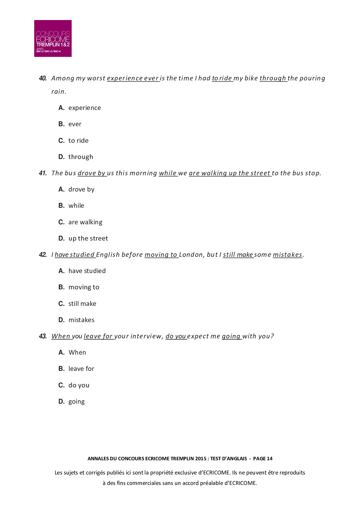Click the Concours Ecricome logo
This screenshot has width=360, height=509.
pyautogui.click(x=53, y=38)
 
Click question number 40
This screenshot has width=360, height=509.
pyautogui.click(x=43, y=78)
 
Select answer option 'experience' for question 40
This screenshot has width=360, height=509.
pyautogui.click(x=84, y=108)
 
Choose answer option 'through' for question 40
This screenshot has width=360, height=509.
pyautogui.click(x=81, y=157)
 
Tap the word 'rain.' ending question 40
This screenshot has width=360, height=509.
pyautogui.click(x=59, y=92)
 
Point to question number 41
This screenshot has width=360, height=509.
pyautogui.click(x=43, y=173)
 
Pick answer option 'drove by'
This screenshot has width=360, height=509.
pyautogui.click(x=81, y=189)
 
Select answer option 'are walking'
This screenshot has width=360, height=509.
pyautogui.click(x=85, y=222)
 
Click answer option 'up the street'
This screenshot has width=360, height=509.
pyautogui.click(x=88, y=239)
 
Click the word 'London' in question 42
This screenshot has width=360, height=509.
pyautogui.click(x=191, y=255)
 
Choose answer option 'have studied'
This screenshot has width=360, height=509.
pyautogui.click(x=87, y=271)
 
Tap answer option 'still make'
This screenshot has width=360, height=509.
pyautogui.click(x=82, y=304)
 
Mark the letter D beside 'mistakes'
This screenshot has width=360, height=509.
pyautogui.click(x=61, y=320)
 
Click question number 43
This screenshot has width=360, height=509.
pyautogui.click(x=43, y=336)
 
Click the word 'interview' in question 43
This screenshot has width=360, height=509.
pyautogui.click(x=146, y=336)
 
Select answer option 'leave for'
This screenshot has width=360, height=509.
pyautogui.click(x=81, y=369)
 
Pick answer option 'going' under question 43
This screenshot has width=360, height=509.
pyautogui.click(x=77, y=402)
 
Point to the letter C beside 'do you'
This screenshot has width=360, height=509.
pyautogui.click(x=61, y=385)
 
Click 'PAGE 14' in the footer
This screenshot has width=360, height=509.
pyautogui.click(x=263, y=459)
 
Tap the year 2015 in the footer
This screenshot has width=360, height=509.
pyautogui.click(x=201, y=459)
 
